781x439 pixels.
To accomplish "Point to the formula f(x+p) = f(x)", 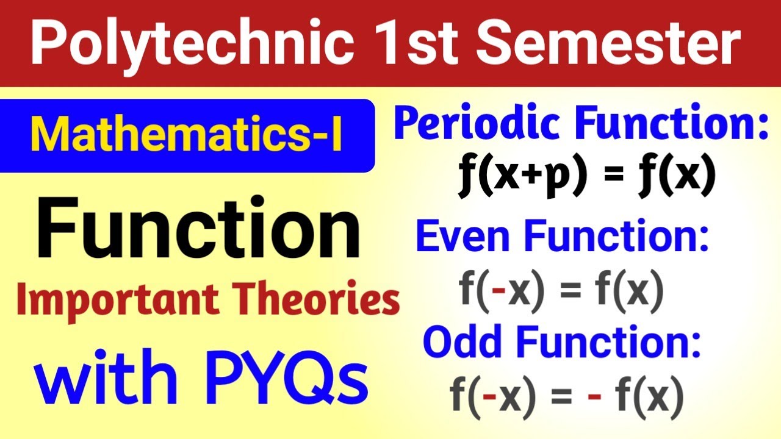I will (586, 175).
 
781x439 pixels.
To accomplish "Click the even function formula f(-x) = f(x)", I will (561, 290).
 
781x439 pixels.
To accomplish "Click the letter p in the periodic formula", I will (559, 178).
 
